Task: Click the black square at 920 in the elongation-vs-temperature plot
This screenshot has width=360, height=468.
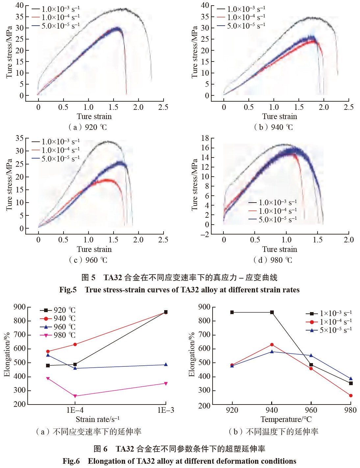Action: click(232, 312)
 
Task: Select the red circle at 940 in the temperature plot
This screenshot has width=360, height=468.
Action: click(272, 345)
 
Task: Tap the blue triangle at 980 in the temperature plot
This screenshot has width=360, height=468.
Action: click(351, 379)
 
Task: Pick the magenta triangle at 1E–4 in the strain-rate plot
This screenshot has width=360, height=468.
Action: click(75, 396)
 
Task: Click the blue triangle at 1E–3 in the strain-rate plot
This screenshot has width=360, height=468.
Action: click(166, 364)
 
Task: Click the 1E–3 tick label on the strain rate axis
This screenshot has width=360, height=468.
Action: click(166, 410)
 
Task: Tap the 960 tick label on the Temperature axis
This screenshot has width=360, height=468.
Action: click(311, 410)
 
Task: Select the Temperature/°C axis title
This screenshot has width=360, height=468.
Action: click(286, 419)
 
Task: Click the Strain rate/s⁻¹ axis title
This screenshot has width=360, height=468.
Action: click(97, 419)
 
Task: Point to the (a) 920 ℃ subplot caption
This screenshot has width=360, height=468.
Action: click(88, 127)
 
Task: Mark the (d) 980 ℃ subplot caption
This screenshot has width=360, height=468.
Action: click(273, 260)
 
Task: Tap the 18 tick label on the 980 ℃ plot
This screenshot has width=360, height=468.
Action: click(205, 138)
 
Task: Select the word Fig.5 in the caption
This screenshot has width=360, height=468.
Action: click(68, 290)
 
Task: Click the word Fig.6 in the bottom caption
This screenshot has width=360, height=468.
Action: click(71, 461)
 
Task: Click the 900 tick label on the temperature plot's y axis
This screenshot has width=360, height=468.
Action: click(204, 307)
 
